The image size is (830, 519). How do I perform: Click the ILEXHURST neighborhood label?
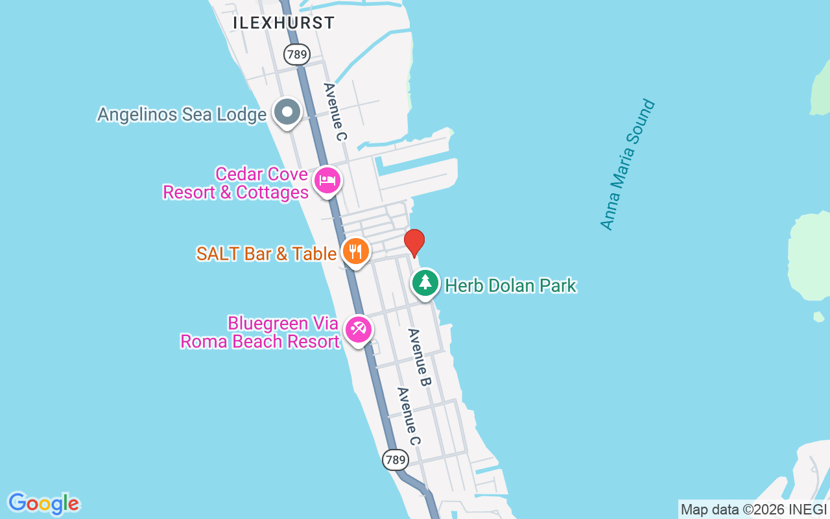(284, 23)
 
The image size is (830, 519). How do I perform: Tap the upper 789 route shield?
(296, 54)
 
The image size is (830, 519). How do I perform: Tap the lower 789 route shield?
(395, 460)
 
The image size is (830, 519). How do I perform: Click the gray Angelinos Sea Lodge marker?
(287, 112)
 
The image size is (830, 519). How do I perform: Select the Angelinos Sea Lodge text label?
(182, 115)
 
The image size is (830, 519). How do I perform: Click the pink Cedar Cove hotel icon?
(327, 179)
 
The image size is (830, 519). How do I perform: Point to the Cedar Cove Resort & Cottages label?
(235, 184)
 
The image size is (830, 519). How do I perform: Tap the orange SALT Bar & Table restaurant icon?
(355, 251)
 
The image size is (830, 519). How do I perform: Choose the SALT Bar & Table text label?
(266, 254)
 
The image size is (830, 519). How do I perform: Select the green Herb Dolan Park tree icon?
(425, 282)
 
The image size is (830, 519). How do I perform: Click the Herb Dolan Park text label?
(511, 285)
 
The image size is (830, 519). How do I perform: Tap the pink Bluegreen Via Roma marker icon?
(358, 329)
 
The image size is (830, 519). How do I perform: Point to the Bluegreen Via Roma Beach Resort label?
(259, 332)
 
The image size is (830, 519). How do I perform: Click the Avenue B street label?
(419, 357)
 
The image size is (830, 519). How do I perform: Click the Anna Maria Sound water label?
(628, 165)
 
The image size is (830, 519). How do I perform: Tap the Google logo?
(43, 503)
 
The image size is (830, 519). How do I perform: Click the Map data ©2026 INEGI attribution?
(753, 510)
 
